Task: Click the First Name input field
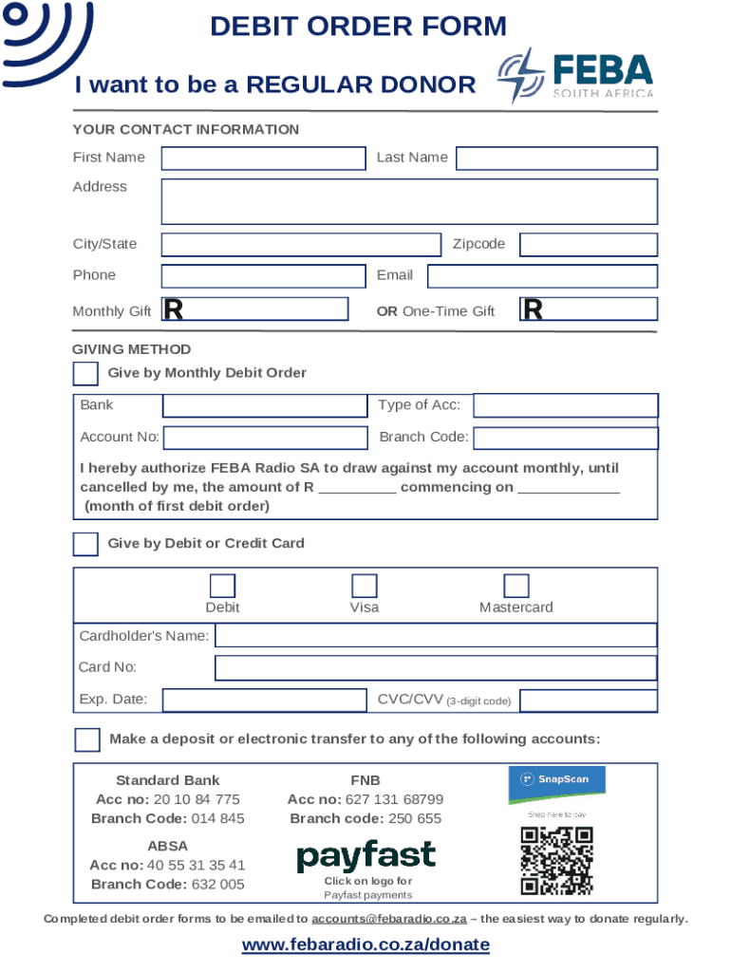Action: [263, 158]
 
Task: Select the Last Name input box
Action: [556, 158]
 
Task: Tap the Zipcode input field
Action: [588, 245]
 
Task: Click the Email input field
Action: [541, 276]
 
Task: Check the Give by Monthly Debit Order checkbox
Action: [85, 374]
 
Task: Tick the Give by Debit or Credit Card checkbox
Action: [85, 544]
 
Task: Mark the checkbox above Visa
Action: [365, 586]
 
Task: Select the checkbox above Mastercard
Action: [516, 586]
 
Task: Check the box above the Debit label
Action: [222, 586]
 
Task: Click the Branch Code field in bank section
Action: [565, 438]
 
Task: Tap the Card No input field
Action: [436, 668]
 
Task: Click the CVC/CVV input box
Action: [588, 701]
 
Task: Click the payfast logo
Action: [366, 856]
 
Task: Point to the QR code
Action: [556, 861]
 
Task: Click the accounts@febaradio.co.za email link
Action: [389, 919]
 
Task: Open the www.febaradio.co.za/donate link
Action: [365, 944]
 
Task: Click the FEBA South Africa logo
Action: [576, 77]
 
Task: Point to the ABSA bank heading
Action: [167, 846]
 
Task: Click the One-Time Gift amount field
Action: [588, 309]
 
